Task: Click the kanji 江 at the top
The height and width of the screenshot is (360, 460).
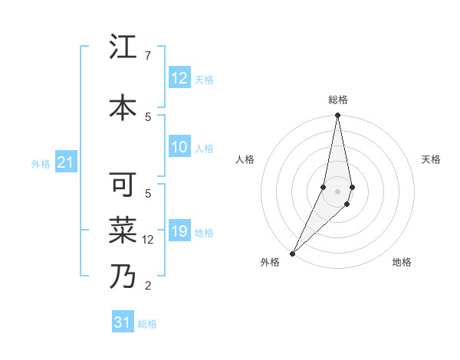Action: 123,49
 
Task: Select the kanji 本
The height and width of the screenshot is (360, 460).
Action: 123,107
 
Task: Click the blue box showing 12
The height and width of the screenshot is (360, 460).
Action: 179,79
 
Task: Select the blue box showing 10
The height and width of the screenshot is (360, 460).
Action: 179,148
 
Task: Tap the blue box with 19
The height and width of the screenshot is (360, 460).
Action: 179,232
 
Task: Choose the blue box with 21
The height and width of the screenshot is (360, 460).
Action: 65,163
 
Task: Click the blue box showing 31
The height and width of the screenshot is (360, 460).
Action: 123,322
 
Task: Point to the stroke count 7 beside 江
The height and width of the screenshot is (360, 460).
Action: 147,56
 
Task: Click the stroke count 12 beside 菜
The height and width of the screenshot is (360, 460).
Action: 149,239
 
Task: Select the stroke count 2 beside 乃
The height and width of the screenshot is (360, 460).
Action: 147,286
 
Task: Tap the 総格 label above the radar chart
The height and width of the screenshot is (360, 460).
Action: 337,100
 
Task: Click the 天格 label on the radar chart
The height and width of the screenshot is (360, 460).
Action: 432,159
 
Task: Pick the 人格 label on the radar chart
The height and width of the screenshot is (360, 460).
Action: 245,159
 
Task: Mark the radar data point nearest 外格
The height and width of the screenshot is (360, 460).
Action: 292,253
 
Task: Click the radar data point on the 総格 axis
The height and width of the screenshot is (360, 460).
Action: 337,116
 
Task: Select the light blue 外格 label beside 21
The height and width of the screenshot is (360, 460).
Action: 41,164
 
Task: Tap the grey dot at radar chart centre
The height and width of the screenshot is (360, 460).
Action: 337,191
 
